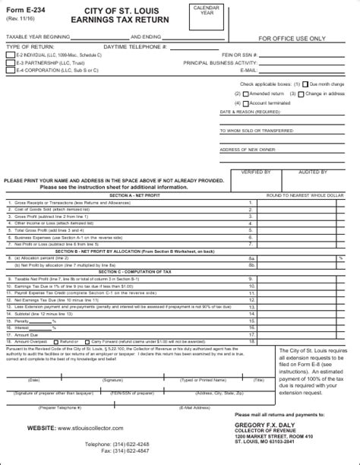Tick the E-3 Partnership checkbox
(x=10, y=64)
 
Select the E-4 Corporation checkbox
(x=10, y=70)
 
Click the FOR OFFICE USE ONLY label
(x=292, y=38)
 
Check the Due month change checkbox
(x=305, y=84)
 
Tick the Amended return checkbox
(x=246, y=93)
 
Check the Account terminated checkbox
(x=246, y=103)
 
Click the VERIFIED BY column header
(x=254, y=172)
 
